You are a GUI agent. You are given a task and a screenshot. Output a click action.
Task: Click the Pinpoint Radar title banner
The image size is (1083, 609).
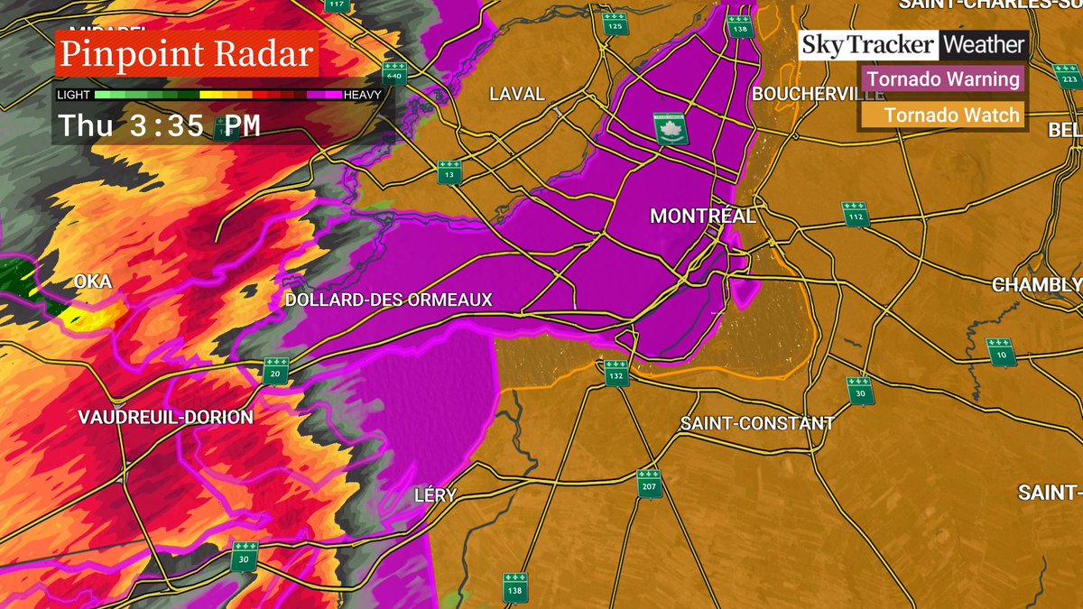coord(185,54)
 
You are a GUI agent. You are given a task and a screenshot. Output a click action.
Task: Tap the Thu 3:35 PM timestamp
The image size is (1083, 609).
coord(160,125)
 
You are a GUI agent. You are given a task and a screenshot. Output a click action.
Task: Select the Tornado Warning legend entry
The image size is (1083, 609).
coord(943,79)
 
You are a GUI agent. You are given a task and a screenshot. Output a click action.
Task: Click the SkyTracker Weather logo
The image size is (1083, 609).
coord(913,45)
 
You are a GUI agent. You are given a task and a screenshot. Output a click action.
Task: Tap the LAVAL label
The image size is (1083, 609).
coord(516,94)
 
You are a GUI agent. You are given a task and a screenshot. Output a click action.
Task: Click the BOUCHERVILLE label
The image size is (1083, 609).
coord(807,94)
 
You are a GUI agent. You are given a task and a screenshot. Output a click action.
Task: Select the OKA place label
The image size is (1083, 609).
coord(93,282)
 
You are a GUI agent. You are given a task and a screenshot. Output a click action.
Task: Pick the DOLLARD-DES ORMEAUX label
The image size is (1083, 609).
coord(388,300)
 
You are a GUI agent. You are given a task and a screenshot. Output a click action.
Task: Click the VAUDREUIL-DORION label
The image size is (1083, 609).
coord(165,417)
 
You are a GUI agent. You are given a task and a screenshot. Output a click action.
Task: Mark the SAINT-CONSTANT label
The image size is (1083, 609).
coord(757,423)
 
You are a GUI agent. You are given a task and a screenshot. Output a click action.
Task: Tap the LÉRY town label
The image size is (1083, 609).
coord(435,495)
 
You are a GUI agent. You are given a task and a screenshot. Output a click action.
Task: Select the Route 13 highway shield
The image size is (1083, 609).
coord(449,172)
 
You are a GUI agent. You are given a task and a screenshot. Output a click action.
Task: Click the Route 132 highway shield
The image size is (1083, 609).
coord(616,373)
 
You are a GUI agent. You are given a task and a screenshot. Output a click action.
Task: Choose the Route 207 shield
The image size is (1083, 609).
coord(649,484)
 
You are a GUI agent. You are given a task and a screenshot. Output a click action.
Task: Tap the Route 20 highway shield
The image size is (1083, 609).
coord(276,370)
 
